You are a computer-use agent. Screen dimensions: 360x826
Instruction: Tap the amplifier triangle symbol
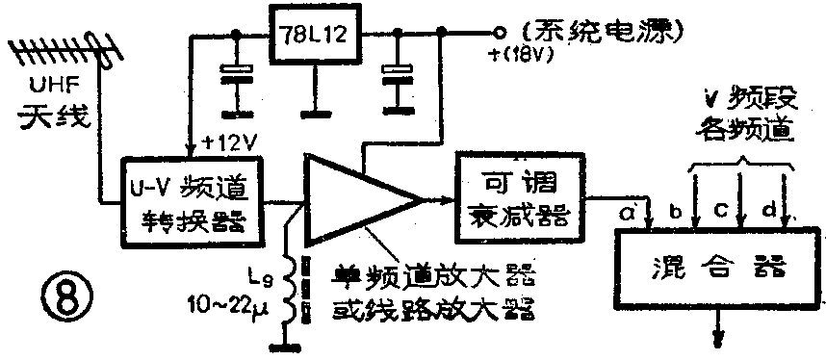coord(355,200)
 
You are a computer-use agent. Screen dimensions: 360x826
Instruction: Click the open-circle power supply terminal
coord(497,30)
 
